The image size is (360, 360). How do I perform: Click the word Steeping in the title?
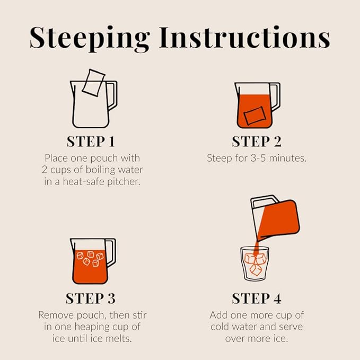tap(90, 38)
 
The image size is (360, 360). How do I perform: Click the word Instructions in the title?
tap(245, 37)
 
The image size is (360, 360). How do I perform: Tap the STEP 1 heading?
tap(91, 142)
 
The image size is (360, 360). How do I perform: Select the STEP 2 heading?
tap(257, 142)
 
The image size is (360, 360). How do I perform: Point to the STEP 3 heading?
tap(91, 298)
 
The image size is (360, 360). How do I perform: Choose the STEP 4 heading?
tap(257, 298)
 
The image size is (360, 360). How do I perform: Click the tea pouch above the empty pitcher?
tap(93, 83)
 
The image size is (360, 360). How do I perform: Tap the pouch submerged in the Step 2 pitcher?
tap(254, 116)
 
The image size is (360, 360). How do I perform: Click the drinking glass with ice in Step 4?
tap(254, 264)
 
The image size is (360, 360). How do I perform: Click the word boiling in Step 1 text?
tap(100, 170)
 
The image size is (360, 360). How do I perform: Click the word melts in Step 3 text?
tap(120, 339)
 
